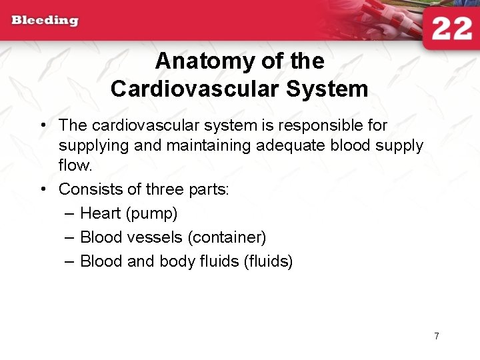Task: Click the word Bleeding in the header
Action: click(45, 20)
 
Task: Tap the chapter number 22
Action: click(451, 30)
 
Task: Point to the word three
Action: click(163, 189)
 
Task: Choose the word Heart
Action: click(100, 213)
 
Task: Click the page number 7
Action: click(436, 336)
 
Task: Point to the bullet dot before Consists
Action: click(43, 189)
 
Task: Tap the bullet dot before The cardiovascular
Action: click(43, 125)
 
